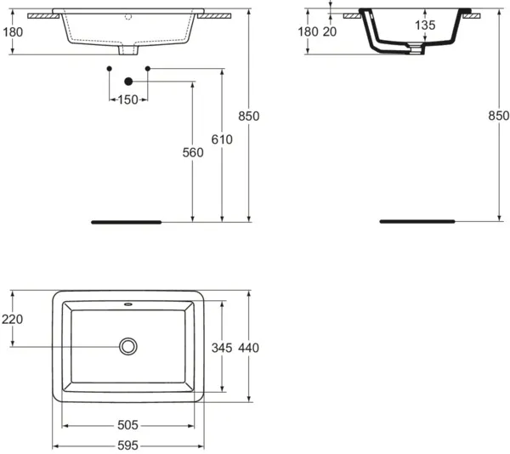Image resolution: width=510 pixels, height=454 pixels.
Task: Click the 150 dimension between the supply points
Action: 127,99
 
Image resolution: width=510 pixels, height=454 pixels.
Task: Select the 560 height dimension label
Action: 193,152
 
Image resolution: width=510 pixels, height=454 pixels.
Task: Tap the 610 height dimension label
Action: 222,139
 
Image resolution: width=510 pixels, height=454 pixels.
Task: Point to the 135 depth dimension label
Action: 425,25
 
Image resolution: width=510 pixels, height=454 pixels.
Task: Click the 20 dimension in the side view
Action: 330,31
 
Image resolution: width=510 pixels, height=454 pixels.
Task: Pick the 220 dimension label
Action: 13,320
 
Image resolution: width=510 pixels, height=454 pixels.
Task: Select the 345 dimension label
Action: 222,348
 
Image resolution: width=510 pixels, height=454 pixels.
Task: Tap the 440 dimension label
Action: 249,348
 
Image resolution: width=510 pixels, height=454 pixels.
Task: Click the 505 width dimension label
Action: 127,425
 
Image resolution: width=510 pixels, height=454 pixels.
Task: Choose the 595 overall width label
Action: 127,445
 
